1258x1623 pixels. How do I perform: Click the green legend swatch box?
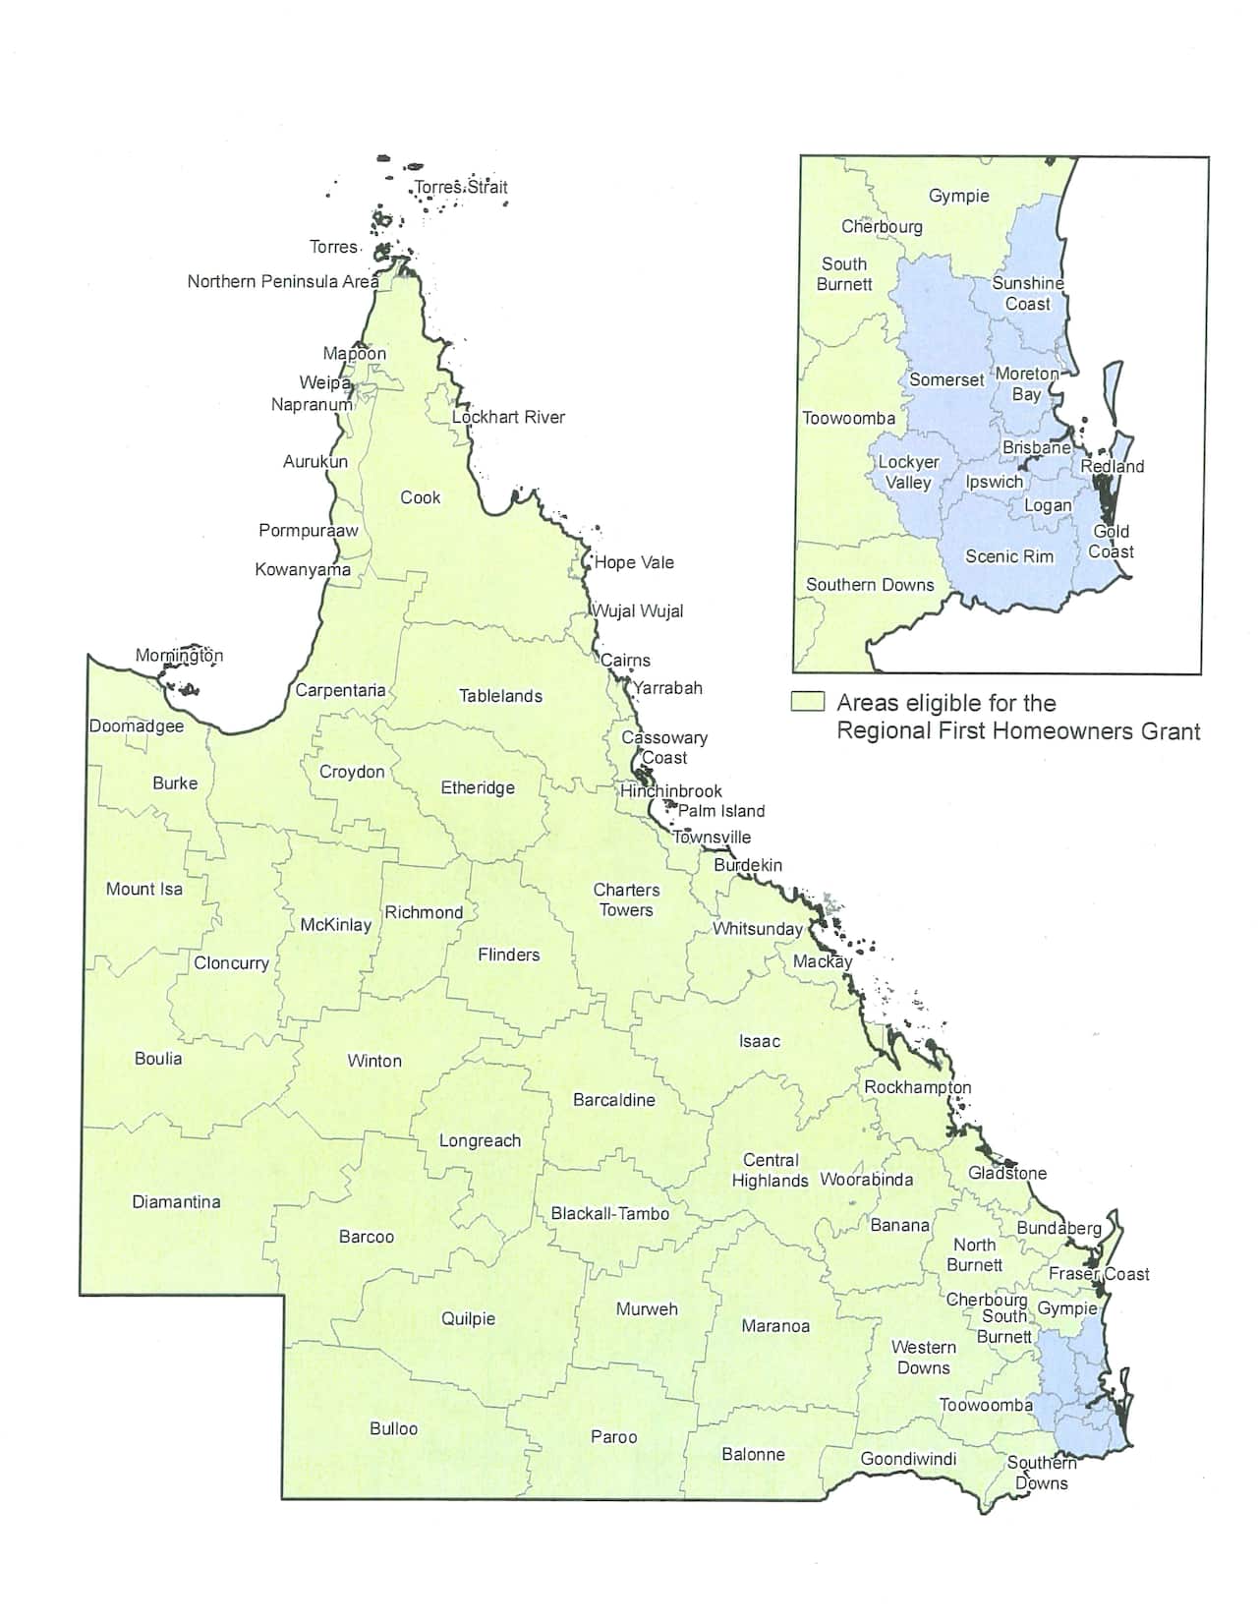pyautogui.click(x=808, y=702)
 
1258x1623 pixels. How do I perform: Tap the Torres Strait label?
pyautogui.click(x=461, y=187)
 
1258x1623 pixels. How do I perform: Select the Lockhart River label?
pyautogui.click(x=508, y=417)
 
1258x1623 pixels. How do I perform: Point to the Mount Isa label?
pyautogui.click(x=144, y=889)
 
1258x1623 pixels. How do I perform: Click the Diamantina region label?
pyautogui.click(x=176, y=1201)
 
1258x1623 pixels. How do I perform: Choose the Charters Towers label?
pyautogui.click(x=626, y=899)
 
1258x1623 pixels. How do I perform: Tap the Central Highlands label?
pyautogui.click(x=771, y=1170)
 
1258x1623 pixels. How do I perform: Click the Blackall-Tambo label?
pyautogui.click(x=609, y=1213)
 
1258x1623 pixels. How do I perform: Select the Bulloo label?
pyautogui.click(x=393, y=1428)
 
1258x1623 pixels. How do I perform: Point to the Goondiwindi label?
pyautogui.click(x=908, y=1458)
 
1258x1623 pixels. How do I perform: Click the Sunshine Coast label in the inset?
pyautogui.click(x=1028, y=293)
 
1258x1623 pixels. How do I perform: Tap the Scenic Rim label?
pyautogui.click(x=1009, y=556)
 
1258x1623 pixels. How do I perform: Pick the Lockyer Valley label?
pyautogui.click(x=908, y=472)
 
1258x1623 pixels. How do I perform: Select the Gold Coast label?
pyautogui.click(x=1112, y=542)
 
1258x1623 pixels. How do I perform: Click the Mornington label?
pyautogui.click(x=179, y=655)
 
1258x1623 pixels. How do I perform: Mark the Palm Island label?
pyautogui.click(x=720, y=811)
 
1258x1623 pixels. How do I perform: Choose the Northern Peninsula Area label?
pyautogui.click(x=283, y=281)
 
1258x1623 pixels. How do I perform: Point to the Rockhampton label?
pyautogui.click(x=917, y=1087)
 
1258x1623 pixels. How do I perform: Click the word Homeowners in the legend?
pyautogui.click(x=1083, y=730)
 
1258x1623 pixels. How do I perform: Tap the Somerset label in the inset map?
pyautogui.click(x=946, y=379)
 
